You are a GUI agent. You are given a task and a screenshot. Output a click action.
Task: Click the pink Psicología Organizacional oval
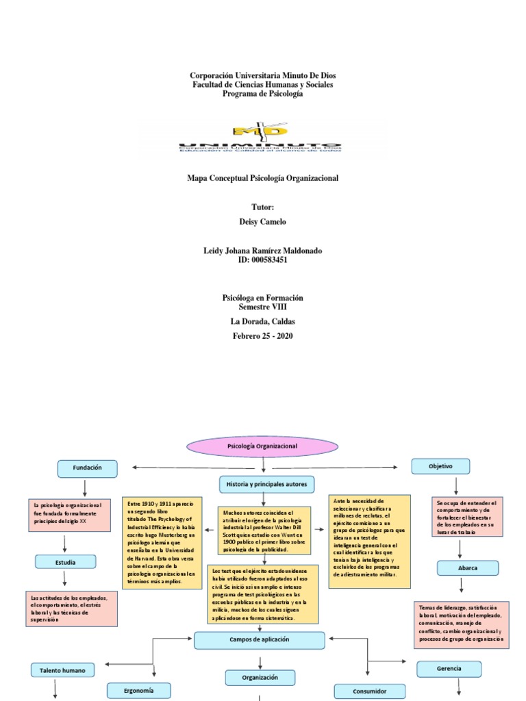(x=262, y=446)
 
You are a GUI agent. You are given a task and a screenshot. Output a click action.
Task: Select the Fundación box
(x=88, y=468)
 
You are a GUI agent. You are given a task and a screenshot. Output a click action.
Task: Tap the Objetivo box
(x=440, y=466)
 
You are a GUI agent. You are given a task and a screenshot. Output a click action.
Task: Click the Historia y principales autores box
(x=266, y=485)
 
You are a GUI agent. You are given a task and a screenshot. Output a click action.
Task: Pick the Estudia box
(x=65, y=562)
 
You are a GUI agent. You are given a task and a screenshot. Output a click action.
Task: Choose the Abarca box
(x=468, y=568)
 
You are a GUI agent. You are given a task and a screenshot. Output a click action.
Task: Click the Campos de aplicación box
(x=260, y=640)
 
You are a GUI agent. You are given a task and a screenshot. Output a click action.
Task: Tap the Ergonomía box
(x=138, y=690)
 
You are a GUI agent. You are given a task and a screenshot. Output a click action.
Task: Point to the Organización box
(x=260, y=678)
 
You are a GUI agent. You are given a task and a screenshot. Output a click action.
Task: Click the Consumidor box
(x=369, y=691)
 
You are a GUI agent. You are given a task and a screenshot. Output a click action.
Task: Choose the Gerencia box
(x=449, y=669)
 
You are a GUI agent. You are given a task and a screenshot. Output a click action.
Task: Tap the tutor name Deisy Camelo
(x=263, y=222)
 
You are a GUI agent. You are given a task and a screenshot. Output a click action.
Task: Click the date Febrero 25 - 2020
(x=263, y=336)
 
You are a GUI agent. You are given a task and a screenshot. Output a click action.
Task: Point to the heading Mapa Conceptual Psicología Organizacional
(x=263, y=178)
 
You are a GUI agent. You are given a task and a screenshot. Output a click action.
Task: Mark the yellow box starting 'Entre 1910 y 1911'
(x=162, y=542)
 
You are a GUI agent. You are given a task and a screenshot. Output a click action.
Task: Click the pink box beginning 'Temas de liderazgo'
(x=462, y=624)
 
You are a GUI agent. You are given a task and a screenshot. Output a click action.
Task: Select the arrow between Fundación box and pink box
(x=84, y=487)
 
